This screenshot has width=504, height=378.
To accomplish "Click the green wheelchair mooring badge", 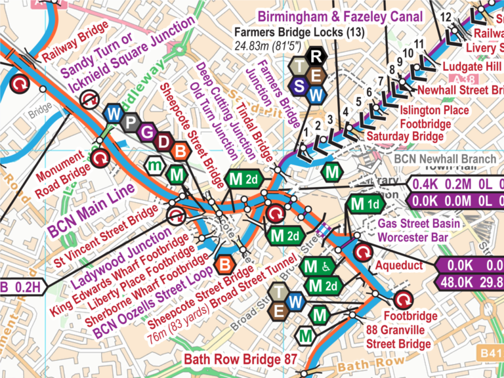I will [319, 266].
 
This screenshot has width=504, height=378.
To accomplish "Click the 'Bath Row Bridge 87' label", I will [241, 360].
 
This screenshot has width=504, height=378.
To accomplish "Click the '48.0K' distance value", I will [455, 283].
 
